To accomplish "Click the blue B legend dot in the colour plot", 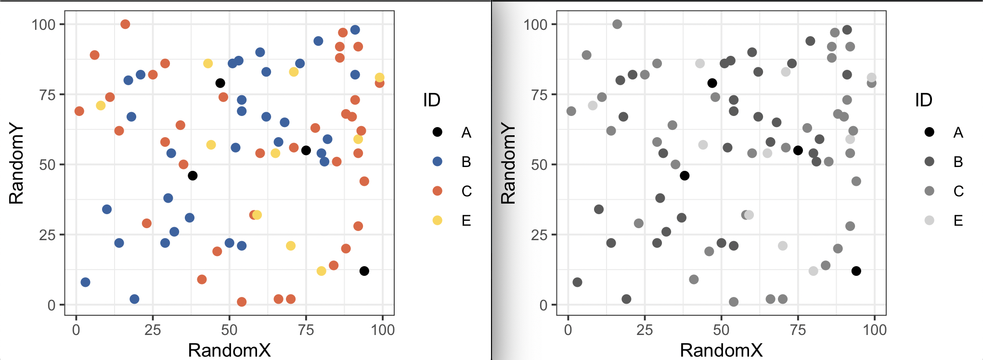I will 437,161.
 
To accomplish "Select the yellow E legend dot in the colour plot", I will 437,220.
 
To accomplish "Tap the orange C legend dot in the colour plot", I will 437,191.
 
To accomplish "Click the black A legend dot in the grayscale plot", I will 929,132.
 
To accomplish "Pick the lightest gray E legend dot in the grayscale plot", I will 929,220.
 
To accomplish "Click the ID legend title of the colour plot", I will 431,100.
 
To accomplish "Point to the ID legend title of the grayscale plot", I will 923,100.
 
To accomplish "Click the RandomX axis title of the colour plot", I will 229,350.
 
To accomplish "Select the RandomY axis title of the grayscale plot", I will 508,164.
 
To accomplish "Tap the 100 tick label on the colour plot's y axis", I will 43,24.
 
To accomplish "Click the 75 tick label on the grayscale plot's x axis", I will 798,330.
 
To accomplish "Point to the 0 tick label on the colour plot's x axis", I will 76,330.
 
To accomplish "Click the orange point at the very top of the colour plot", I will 125,24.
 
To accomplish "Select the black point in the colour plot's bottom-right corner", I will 364,271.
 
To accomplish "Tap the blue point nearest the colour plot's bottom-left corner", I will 85,282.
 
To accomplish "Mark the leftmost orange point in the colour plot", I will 79,111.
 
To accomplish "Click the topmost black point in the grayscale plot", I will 712,83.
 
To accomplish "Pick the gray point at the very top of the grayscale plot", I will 617,24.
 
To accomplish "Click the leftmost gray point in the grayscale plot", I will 571,111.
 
